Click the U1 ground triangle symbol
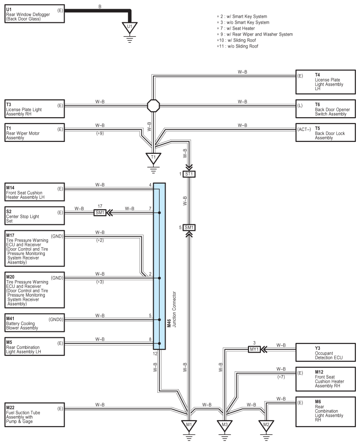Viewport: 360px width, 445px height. click(x=129, y=27)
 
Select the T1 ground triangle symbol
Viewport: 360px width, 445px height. click(x=153, y=158)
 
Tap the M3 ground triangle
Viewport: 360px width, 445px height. click(x=225, y=425)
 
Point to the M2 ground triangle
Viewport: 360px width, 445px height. click(x=266, y=425)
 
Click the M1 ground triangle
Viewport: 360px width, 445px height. click(x=189, y=425)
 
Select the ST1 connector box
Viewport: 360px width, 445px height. click(x=189, y=174)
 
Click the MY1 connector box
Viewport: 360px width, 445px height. click(x=254, y=349)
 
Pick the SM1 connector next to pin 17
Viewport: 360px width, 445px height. click(x=100, y=212)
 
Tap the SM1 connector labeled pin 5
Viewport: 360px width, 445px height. click(x=189, y=228)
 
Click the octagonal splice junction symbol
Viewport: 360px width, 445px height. click(x=153, y=106)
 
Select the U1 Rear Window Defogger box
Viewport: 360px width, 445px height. click(x=35, y=14)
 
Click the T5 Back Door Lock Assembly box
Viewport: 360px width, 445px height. click(x=325, y=132)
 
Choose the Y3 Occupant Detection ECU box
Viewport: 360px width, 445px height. click(x=325, y=353)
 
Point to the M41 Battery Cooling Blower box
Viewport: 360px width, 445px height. click(x=35, y=323)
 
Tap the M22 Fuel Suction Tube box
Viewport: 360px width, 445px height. click(x=35, y=415)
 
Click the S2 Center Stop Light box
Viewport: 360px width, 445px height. click(x=35, y=216)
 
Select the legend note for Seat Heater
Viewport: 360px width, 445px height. click(x=236, y=28)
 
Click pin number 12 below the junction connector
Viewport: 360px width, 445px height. click(x=155, y=353)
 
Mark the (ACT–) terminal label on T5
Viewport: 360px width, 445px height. click(x=304, y=130)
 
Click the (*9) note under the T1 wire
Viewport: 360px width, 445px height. click(x=100, y=133)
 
